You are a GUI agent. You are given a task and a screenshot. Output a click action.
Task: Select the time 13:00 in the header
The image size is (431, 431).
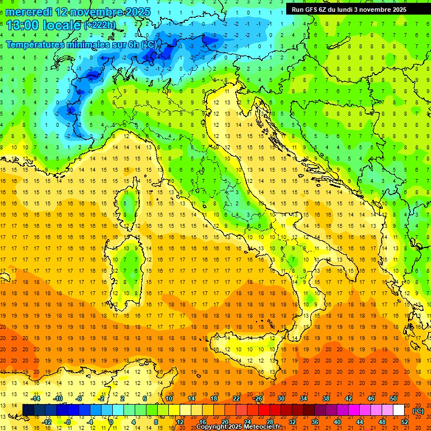click(24, 25)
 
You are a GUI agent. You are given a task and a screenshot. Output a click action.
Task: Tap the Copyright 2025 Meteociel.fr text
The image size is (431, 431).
click(242, 427)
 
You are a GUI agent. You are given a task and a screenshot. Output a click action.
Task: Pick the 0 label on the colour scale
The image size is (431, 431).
click(111, 421)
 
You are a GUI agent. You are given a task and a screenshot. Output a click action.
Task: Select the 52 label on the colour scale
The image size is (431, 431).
click(404, 421)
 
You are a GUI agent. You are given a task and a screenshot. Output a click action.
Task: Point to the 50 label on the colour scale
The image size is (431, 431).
click(393, 398)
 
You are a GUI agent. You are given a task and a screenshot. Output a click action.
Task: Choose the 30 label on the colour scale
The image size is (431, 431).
click(281, 398)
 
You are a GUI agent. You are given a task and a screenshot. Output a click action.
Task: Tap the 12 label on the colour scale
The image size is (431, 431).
click(180, 421)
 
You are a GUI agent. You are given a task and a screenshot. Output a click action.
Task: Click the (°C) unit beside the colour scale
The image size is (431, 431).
click(418, 411)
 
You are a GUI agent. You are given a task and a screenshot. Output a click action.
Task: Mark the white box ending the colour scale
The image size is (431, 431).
click(398, 410)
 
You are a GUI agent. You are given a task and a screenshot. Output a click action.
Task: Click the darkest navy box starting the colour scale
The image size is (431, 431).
click(28, 410)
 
